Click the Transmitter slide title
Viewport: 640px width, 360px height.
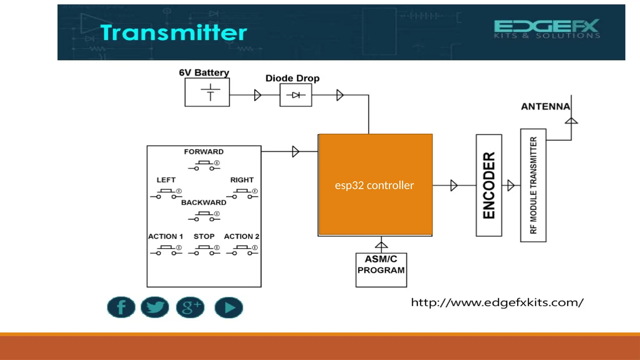(173, 32)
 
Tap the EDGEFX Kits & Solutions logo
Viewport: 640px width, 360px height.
(547, 29)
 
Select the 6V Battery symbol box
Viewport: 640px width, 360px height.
(207, 92)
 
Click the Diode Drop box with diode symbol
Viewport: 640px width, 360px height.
(296, 95)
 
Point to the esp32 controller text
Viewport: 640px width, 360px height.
(374, 185)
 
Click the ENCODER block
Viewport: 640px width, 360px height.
(489, 185)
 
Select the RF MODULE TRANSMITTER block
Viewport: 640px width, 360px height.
(533, 185)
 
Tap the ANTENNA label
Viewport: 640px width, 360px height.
(545, 107)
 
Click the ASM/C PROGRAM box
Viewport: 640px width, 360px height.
(381, 270)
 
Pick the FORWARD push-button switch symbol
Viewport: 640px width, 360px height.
(204, 165)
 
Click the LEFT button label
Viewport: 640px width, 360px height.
(166, 180)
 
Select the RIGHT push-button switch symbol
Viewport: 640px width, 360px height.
(242, 194)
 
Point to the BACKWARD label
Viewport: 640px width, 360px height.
(204, 202)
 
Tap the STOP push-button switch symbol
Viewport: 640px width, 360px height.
(204, 250)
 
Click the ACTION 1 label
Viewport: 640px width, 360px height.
(165, 237)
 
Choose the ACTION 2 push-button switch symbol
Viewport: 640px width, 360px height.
(242, 250)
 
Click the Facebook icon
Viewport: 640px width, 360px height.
(121, 307)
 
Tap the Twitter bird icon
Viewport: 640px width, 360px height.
(155, 307)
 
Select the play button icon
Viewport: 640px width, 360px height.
(229, 307)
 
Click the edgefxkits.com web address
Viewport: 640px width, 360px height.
(497, 302)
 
